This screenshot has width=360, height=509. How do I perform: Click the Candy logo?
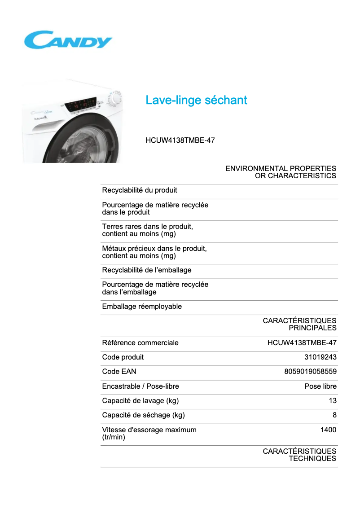(68, 40)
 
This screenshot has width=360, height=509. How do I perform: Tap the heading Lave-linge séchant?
(196, 100)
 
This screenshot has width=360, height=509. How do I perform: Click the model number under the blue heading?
(180, 140)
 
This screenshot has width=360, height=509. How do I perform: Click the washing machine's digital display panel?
(81, 105)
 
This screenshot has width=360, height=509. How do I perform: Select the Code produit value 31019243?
(320, 357)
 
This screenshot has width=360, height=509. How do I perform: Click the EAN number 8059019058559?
(310, 372)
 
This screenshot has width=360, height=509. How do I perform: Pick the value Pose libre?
(320, 386)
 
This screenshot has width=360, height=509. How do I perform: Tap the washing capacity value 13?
(332, 401)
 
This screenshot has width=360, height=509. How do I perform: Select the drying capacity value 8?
(334, 415)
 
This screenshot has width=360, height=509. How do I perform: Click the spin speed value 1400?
(328, 430)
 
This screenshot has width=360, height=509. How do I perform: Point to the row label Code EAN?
(119, 372)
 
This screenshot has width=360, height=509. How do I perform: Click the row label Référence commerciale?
(140, 343)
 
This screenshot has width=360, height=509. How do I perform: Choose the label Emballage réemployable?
(142, 307)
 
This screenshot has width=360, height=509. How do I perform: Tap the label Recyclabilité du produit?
(140, 190)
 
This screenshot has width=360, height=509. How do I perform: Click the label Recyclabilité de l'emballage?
(147, 270)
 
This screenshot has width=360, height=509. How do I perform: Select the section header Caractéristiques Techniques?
(299, 455)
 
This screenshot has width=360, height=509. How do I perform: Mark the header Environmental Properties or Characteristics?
(281, 172)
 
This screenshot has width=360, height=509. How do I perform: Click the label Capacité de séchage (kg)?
(143, 415)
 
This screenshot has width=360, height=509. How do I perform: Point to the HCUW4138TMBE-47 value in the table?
(302, 343)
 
